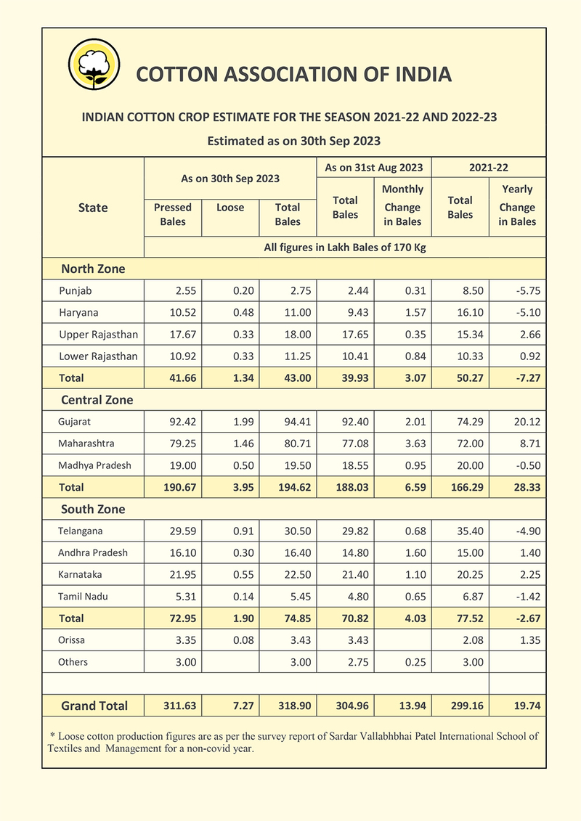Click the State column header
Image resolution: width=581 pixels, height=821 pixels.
[x=93, y=208]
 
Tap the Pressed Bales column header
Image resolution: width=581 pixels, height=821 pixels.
[x=173, y=214]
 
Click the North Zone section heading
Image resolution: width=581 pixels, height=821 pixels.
[x=93, y=269]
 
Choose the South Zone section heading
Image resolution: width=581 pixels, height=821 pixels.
[x=93, y=509]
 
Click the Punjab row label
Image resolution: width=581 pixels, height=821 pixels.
[x=76, y=291]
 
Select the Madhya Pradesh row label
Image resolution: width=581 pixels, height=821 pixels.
[x=94, y=465]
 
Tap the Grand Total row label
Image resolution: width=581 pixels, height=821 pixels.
[x=94, y=706]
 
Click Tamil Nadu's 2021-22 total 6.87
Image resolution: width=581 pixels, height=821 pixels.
[x=470, y=597]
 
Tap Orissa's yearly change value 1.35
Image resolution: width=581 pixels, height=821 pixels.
[x=529, y=640]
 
